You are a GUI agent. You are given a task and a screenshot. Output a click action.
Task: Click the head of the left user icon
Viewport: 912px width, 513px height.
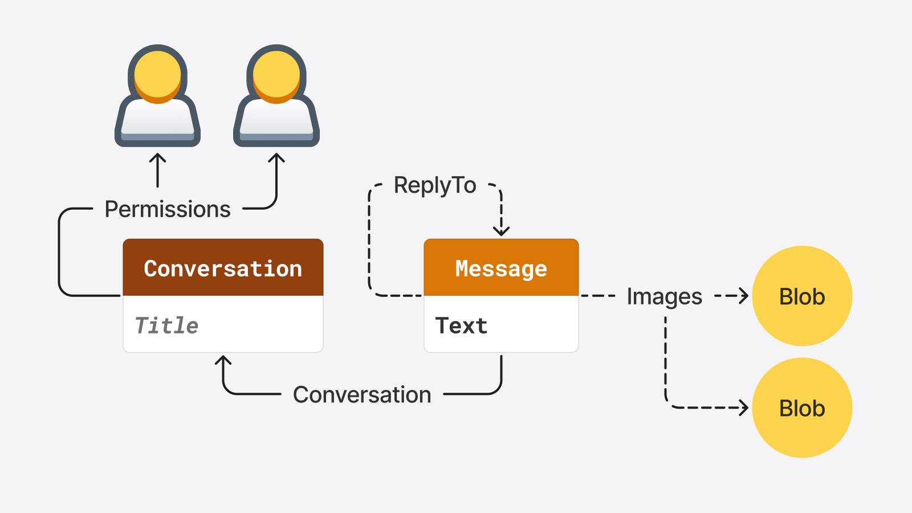158,74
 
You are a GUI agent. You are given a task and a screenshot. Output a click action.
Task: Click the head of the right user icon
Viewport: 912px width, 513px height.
276,74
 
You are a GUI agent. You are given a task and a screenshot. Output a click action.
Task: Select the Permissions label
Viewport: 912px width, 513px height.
168,209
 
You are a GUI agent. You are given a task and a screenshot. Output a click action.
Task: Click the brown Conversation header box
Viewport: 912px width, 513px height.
223,268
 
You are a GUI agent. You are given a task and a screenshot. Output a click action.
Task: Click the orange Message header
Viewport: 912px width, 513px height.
501,268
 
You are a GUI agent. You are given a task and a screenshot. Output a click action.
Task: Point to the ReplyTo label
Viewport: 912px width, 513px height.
435,185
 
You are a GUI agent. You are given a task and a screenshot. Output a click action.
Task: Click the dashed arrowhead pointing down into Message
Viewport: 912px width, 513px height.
501,231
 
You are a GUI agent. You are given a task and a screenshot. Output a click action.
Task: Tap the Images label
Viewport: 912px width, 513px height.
664,296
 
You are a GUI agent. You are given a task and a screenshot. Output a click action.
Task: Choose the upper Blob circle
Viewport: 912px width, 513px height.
802,296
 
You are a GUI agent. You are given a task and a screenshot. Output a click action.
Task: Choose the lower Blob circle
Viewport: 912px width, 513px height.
802,408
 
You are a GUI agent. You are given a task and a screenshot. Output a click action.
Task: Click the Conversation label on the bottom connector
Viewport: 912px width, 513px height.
362,394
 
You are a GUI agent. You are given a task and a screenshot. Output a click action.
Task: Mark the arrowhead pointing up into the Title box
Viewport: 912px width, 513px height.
223,360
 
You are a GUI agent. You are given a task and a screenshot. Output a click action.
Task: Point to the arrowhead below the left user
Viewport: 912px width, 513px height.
158,158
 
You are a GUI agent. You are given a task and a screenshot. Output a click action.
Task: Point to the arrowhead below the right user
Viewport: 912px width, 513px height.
276,158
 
